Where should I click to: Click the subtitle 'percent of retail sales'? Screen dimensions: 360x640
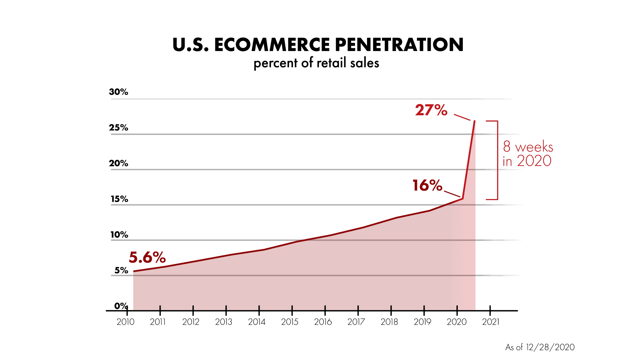pos(316,63)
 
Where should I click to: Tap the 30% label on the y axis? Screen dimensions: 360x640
pos(118,92)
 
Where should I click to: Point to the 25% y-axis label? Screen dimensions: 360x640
pos(118,128)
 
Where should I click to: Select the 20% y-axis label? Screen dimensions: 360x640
pos(118,163)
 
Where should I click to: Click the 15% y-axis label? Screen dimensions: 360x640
pos(119,199)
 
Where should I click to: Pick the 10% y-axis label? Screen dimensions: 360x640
pos(119,235)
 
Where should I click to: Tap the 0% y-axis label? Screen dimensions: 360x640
pos(121,306)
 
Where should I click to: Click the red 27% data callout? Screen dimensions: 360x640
pos(431,110)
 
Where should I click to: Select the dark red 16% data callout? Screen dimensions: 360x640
pos(427,186)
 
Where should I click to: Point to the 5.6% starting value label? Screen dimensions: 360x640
pos(147,257)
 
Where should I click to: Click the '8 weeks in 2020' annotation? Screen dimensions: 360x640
pos(528,154)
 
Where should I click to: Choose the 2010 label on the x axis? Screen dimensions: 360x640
pos(125,322)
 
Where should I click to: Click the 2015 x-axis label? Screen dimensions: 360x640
pos(290,322)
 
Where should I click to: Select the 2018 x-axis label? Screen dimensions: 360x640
pos(389,322)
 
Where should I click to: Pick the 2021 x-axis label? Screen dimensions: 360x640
pos(491,322)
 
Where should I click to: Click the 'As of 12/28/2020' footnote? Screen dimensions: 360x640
pos(540,347)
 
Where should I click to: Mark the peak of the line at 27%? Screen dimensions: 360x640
pos(475,121)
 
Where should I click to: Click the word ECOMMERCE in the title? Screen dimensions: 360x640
pos(272,45)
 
